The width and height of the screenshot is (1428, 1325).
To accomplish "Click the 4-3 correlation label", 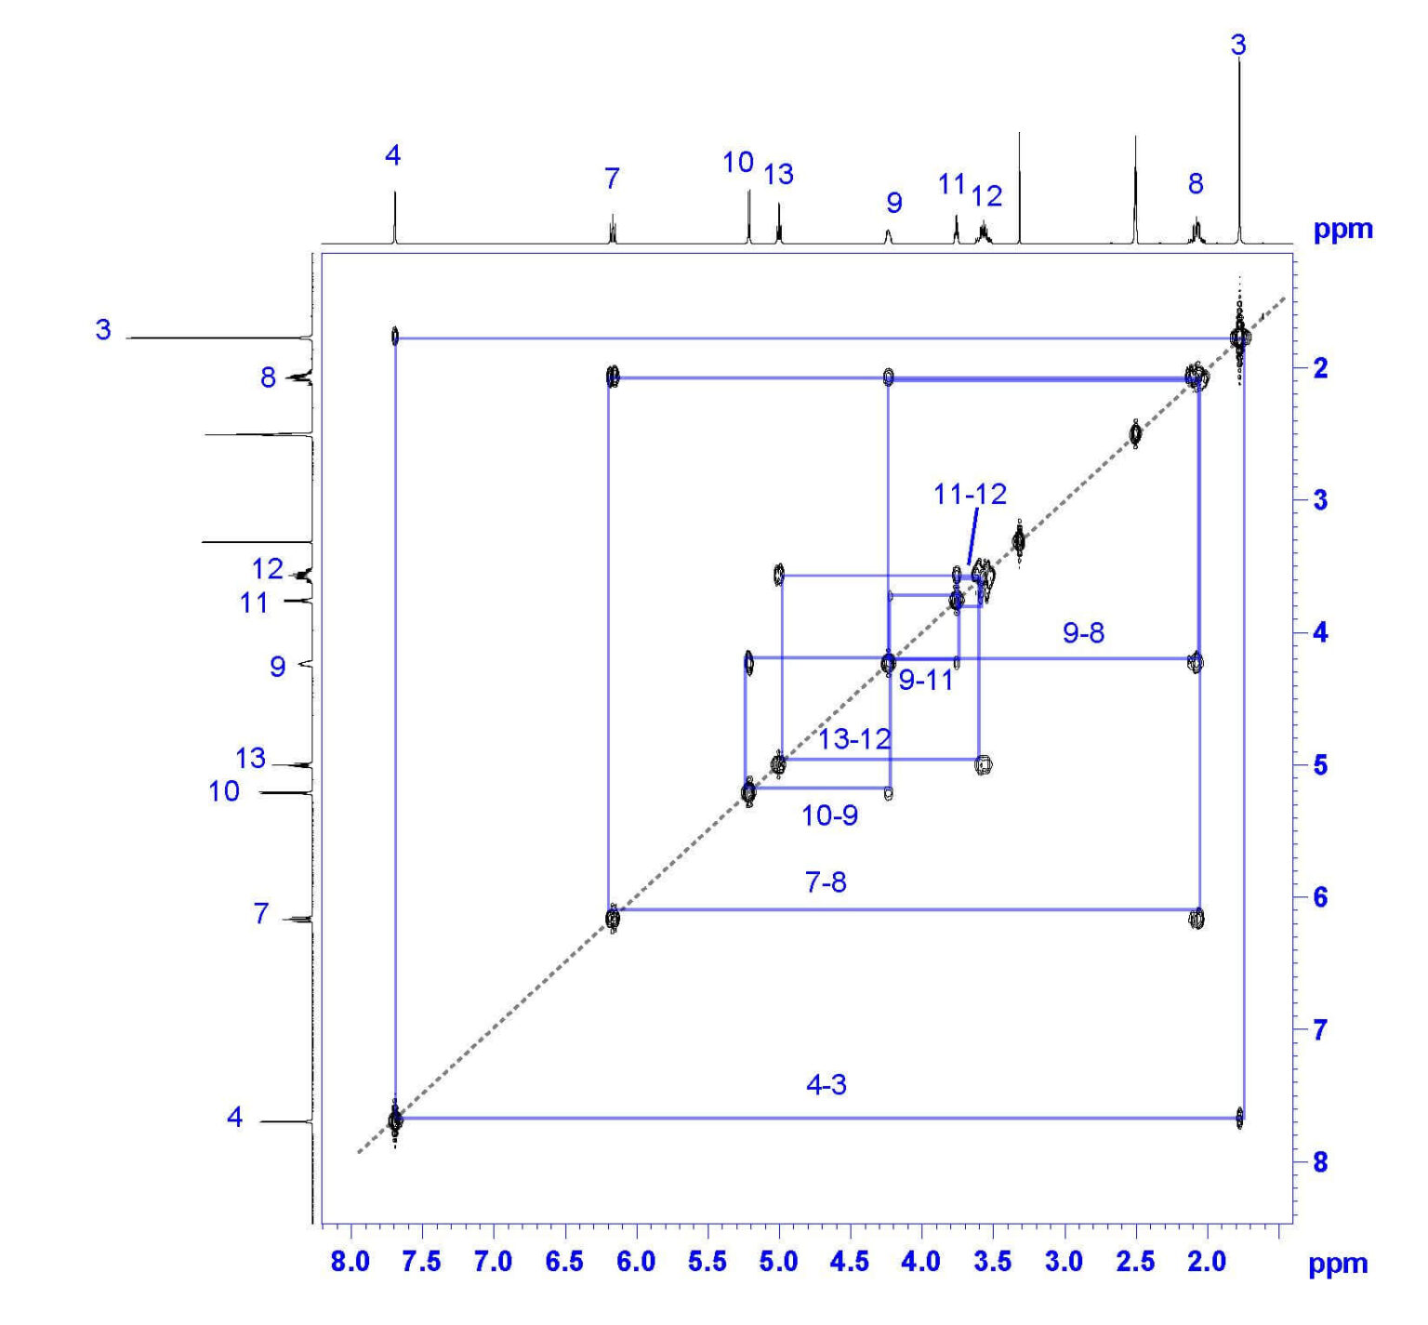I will tap(826, 1085).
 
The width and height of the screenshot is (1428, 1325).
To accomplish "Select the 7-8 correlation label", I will tap(826, 881).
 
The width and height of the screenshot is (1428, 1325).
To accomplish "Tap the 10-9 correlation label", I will tap(829, 815).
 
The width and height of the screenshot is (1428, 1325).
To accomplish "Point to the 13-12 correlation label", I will tap(854, 739).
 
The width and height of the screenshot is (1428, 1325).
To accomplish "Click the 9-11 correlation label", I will tap(926, 681).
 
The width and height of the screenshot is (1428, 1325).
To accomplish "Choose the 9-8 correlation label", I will tap(1083, 633).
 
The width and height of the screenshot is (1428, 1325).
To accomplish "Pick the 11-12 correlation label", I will tap(970, 494).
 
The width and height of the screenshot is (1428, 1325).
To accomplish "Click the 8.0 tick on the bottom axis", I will tap(350, 1262).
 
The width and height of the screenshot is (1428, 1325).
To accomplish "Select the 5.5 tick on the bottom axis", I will tap(707, 1262).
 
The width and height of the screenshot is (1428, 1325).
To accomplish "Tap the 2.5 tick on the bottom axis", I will tap(1135, 1262).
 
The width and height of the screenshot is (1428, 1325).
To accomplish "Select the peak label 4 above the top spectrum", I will tap(392, 156).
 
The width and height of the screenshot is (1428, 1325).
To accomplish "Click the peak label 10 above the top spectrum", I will tap(738, 163).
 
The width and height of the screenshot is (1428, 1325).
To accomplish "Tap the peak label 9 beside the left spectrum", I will tap(277, 667).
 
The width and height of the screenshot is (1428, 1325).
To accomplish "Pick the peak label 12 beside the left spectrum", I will tap(267, 568).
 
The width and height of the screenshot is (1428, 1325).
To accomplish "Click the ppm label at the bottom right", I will tap(1338, 1264).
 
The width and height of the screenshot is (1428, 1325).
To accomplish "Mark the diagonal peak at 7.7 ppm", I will tap(395, 1120).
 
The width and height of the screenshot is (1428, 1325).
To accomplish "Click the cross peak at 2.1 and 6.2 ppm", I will tap(1197, 920).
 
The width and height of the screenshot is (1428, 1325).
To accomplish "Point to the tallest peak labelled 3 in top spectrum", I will tap(1239, 139).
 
